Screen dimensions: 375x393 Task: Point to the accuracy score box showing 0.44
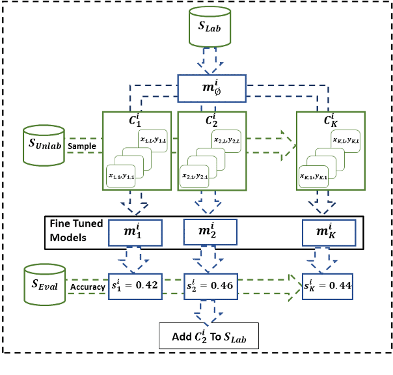pos(329,286)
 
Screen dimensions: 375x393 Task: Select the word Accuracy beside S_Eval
pos(88,287)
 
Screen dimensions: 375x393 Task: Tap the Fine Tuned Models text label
pos(76,230)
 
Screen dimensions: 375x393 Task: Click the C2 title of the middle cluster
pos(210,120)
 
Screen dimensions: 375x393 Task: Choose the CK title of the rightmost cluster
pos(329,120)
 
